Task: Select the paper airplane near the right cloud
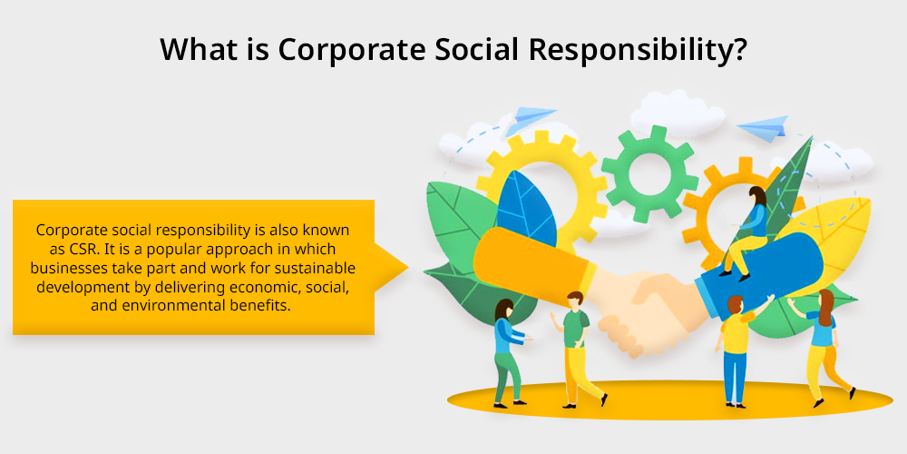765,128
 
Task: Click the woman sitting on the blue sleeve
746,232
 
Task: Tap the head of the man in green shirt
574,300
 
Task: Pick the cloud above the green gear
677,113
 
